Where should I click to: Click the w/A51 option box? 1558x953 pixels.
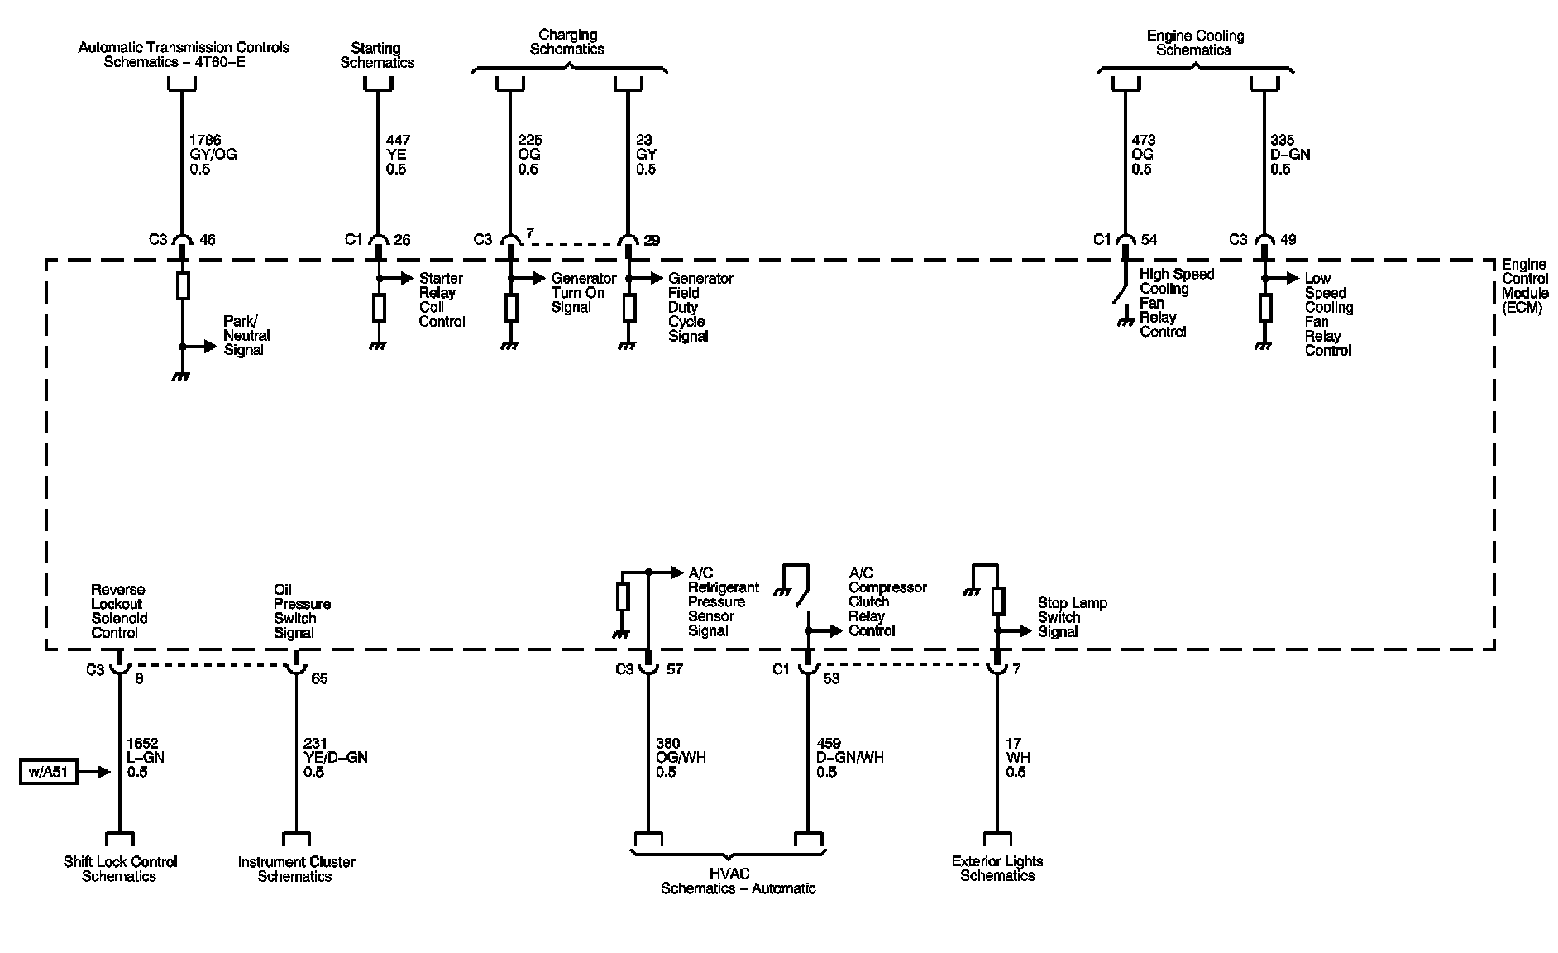pos(49,772)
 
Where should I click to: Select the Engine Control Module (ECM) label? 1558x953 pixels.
pos(1525,286)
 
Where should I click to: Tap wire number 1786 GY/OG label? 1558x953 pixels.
pos(213,155)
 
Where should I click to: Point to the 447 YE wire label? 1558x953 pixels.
pos(397,155)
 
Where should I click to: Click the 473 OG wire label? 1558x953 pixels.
pos(1143,155)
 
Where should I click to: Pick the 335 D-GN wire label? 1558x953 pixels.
pos(1289,155)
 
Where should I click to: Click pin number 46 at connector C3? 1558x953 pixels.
pos(207,240)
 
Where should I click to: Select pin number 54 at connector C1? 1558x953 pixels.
pos(1149,240)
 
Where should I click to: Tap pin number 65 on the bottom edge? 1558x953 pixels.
pos(319,678)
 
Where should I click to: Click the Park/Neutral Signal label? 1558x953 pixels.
pos(246,335)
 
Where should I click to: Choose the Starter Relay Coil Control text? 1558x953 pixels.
pos(442,299)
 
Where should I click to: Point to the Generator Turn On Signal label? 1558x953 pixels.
pos(583,292)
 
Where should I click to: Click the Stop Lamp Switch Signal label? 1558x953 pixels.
pos(1072,617)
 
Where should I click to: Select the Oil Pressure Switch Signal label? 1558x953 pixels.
pos(302,611)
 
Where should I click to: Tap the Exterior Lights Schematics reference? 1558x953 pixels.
pos(997,869)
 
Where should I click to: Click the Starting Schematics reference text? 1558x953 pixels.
pos(376,55)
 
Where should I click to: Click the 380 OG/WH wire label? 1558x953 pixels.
pos(680,758)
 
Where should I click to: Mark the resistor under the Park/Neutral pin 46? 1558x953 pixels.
pos(183,285)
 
